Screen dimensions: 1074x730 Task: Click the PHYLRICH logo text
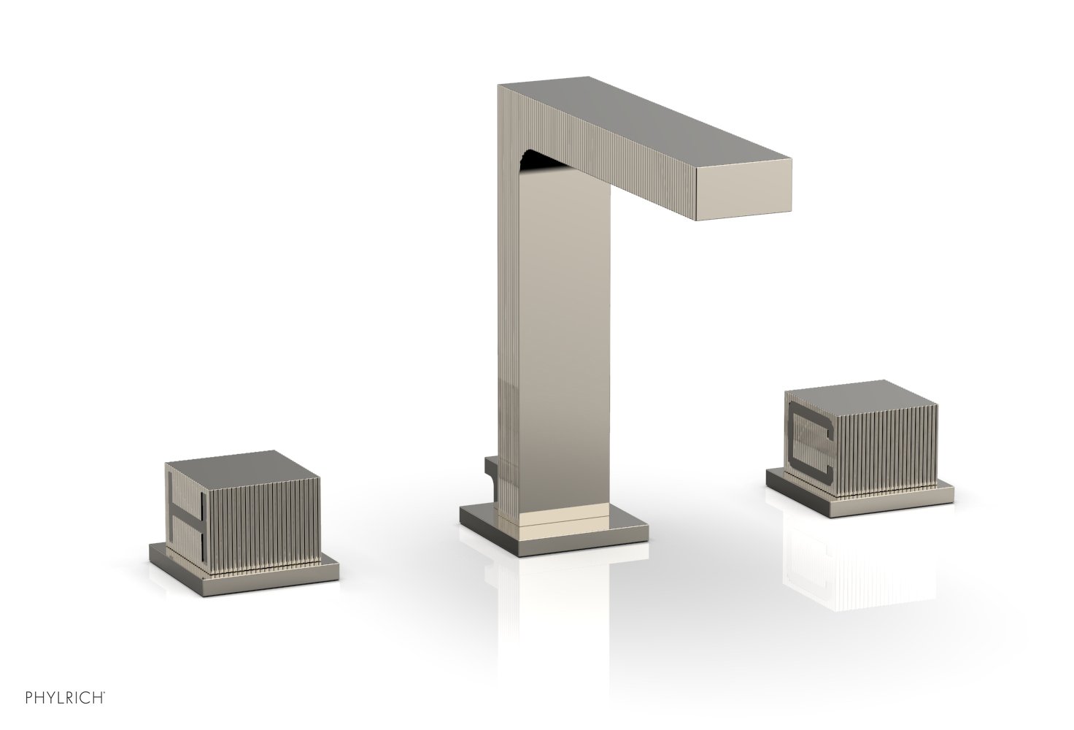click(x=65, y=698)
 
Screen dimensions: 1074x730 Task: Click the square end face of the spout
click(x=743, y=190)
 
